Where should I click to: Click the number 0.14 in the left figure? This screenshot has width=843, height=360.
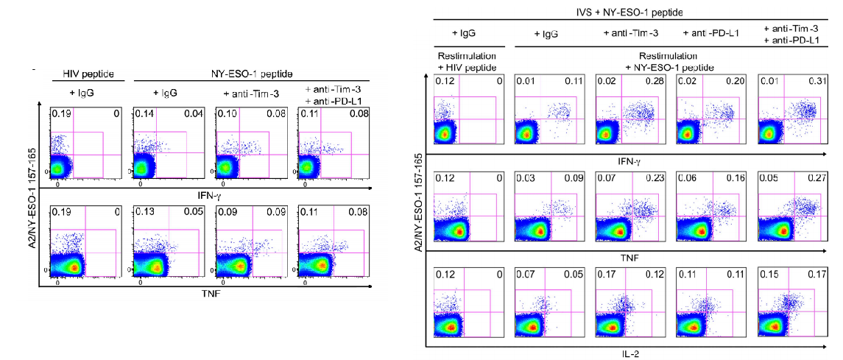click(143, 114)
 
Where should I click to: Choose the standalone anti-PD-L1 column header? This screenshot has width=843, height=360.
click(710, 34)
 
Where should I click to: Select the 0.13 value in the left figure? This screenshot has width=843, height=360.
click(143, 214)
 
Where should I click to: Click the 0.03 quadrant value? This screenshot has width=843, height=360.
click(526, 179)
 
